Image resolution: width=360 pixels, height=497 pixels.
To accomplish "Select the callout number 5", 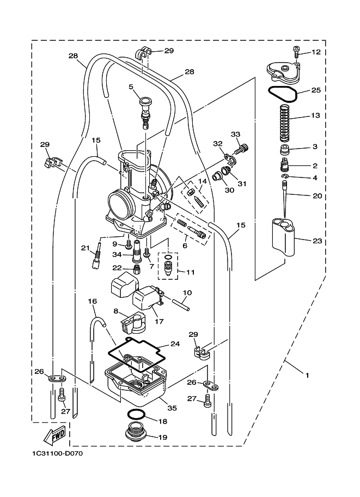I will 131,86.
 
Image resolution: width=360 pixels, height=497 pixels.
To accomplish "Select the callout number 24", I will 175,343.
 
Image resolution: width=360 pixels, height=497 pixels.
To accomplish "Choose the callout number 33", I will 235,134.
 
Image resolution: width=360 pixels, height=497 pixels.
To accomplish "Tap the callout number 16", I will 92,300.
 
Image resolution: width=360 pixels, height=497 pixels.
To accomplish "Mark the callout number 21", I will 84,248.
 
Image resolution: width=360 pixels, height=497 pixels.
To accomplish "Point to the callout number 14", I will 203,181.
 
